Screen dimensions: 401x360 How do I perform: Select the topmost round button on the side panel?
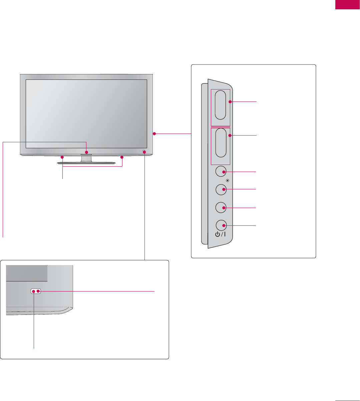click(221, 172)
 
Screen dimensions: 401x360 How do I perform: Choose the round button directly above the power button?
click(221, 207)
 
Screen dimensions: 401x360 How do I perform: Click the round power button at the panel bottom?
click(221, 225)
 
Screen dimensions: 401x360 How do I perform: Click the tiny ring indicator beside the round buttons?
click(228, 181)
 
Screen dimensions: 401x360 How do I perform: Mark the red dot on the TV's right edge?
click(154, 134)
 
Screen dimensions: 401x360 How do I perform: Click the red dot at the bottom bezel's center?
click(87, 152)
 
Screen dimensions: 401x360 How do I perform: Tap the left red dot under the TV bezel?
click(62, 157)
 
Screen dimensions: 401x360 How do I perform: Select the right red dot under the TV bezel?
click(122, 157)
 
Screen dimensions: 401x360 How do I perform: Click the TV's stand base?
click(87, 163)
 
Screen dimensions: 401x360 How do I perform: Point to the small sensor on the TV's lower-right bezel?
click(144, 151)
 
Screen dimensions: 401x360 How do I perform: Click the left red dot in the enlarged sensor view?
click(34, 291)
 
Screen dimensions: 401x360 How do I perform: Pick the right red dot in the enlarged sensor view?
click(38, 291)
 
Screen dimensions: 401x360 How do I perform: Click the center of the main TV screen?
click(86, 114)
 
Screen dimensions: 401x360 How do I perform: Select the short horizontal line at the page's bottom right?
click(347, 399)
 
